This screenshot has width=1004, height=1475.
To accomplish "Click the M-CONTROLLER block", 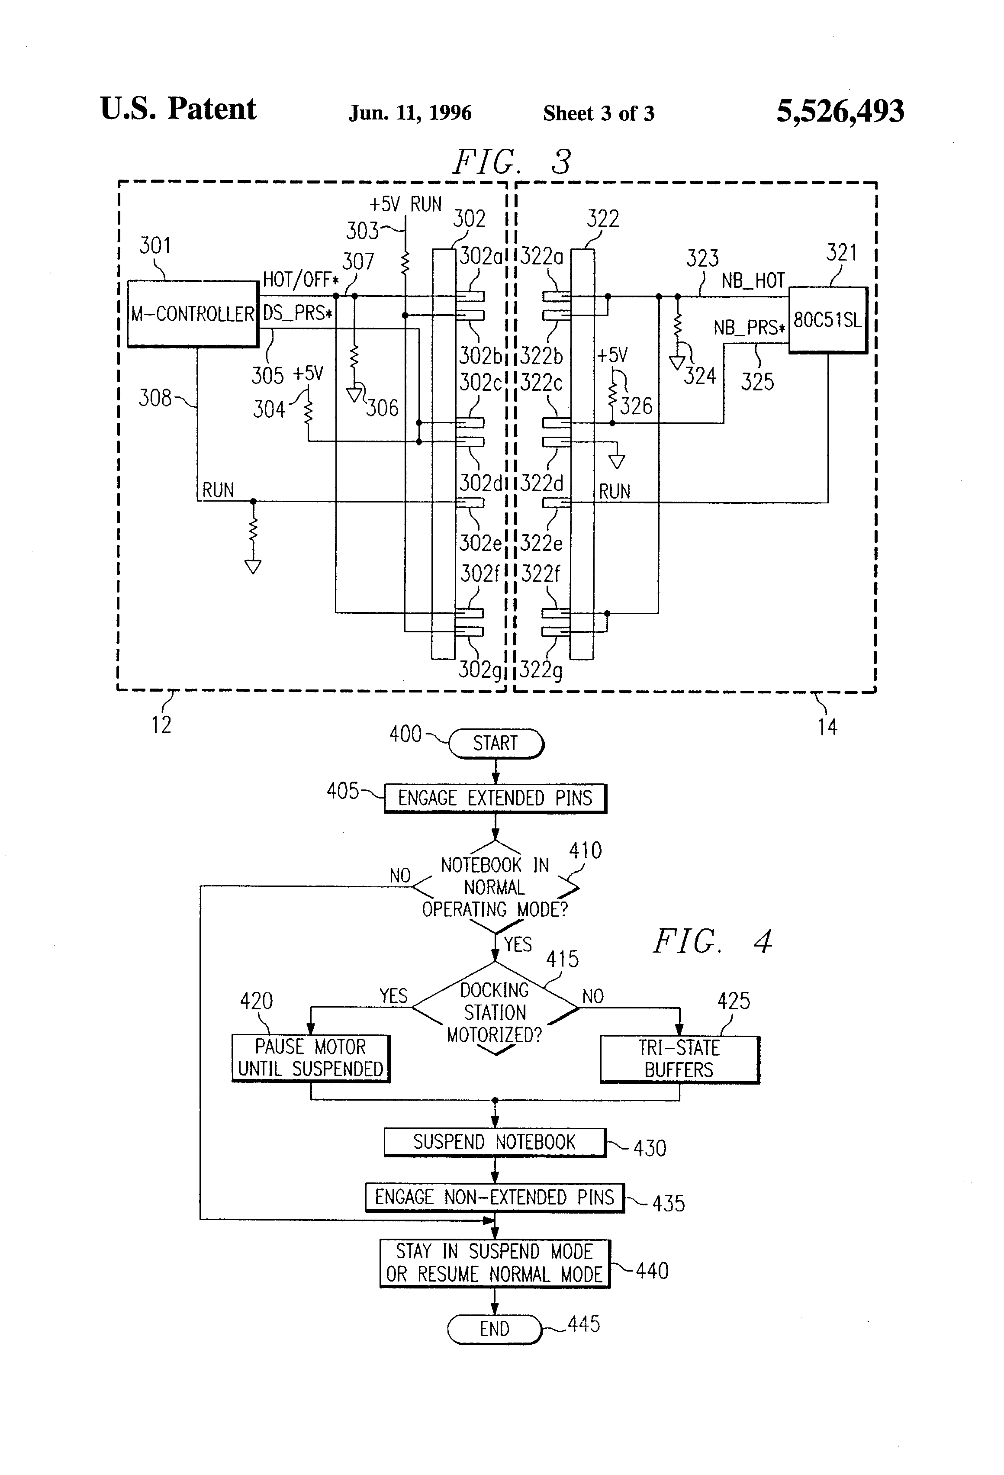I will [192, 313].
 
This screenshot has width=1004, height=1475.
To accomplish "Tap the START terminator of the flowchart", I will [496, 743].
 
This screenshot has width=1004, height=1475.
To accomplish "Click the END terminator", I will [494, 1328].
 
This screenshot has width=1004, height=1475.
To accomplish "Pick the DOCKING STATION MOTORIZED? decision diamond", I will [495, 1012].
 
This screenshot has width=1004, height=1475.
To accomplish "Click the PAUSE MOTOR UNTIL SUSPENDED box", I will [310, 1058].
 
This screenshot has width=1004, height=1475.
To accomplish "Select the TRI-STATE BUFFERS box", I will [679, 1059].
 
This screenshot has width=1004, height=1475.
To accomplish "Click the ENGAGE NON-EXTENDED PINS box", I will [494, 1197].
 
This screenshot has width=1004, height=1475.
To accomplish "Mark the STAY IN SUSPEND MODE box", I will [494, 1263].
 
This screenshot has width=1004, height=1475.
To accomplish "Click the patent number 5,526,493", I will [840, 111].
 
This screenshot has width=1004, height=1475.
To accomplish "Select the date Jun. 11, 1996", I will [410, 113].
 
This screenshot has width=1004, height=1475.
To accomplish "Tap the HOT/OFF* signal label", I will [300, 279].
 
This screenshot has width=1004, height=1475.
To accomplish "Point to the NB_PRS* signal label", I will [749, 328].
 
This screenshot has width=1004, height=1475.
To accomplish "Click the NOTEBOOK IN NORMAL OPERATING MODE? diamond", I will [495, 887].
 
